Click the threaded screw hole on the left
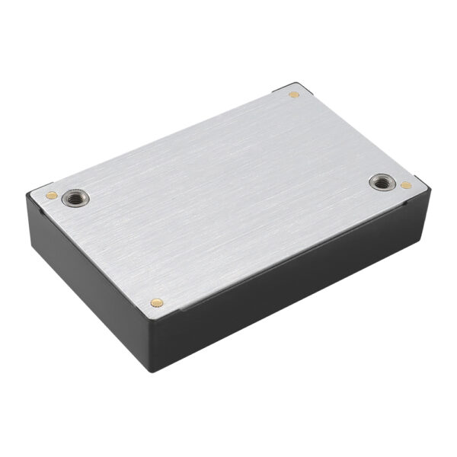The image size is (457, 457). [74, 198]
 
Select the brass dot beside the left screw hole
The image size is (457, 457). [51, 195]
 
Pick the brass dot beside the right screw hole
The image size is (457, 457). [406, 185]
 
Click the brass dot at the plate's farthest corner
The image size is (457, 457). [294, 94]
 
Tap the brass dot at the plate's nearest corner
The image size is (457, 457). [157, 302]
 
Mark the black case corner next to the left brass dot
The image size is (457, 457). [38, 190]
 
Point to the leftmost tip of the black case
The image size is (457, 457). [27, 200]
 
